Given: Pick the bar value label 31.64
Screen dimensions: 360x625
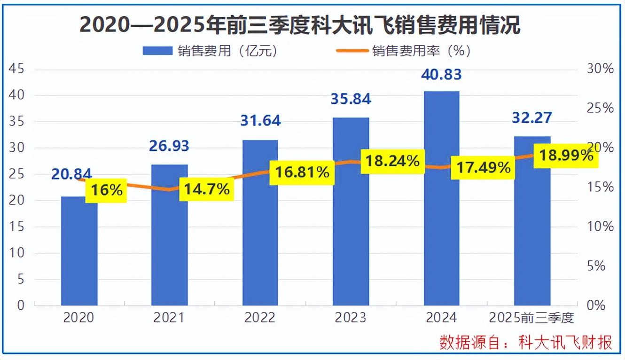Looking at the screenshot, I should click(260, 120).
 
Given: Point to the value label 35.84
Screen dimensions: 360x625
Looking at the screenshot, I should click(351, 99).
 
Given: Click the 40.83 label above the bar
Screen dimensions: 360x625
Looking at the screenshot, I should click(441, 74).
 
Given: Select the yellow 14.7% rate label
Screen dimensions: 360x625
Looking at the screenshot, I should click(207, 189).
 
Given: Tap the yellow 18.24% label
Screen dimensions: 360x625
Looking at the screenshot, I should click(392, 161).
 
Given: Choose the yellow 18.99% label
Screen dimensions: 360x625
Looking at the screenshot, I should click(566, 155).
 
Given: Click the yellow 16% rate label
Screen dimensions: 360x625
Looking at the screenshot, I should click(106, 190).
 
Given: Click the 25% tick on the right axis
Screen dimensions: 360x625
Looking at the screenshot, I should click(601, 109).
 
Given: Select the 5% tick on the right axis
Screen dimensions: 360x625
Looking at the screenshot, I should click(603, 266).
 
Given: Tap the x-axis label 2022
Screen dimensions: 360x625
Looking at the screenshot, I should click(260, 318).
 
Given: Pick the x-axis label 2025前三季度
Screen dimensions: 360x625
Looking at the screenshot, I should click(531, 318).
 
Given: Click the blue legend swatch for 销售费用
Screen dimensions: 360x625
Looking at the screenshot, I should click(158, 51).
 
